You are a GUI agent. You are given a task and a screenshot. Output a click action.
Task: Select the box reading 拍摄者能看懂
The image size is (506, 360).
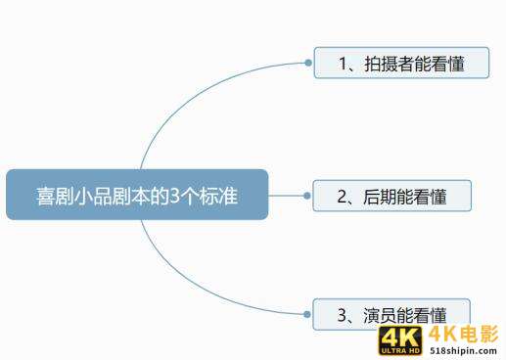point(401,63)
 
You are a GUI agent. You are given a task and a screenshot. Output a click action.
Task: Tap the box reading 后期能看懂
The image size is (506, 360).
point(391,196)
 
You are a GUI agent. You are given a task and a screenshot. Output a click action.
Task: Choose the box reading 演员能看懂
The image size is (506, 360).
point(391,314)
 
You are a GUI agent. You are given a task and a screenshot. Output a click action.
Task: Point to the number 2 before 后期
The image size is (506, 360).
point(343,197)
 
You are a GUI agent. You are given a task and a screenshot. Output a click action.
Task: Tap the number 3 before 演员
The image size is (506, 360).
point(343,315)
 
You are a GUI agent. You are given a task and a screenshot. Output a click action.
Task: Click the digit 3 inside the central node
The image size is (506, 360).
point(176,195)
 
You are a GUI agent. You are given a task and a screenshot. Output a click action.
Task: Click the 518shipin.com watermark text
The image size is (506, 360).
point(464,349)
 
